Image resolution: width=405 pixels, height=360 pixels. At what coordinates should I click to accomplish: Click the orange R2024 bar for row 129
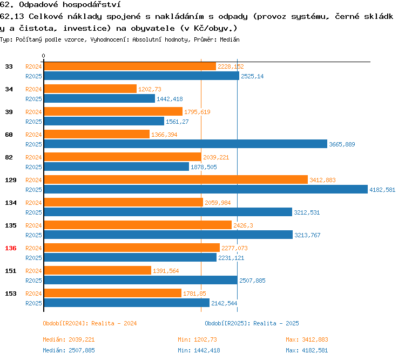click(175, 180)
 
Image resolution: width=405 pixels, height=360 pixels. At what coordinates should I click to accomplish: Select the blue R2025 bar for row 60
click(185, 144)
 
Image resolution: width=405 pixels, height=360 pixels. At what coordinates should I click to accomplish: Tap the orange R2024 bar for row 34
click(90, 89)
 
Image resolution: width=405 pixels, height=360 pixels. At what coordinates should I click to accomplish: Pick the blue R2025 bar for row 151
click(140, 280)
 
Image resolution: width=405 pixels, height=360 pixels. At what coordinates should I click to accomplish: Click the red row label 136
click(10, 248)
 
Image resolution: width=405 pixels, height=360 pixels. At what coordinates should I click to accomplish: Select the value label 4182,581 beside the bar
click(382, 190)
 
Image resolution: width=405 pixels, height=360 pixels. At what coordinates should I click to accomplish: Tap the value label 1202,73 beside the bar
click(150, 89)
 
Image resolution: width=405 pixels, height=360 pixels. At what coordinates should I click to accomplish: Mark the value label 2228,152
click(231, 66)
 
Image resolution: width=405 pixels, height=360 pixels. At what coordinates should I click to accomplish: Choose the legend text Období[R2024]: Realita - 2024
click(90, 323)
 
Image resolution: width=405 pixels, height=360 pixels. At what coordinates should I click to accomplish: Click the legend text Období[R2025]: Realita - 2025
click(252, 323)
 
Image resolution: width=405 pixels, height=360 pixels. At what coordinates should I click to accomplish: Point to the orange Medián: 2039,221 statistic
click(69, 339)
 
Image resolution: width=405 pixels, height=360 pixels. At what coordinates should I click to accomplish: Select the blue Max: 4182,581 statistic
click(307, 350)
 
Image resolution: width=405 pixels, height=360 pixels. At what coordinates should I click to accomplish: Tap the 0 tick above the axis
click(43, 56)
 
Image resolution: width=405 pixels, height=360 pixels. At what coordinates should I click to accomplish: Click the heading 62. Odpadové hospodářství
click(59, 5)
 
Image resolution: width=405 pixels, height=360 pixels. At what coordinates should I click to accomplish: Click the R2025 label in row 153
click(33, 303)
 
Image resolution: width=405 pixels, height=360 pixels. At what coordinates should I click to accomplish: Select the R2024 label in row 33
click(33, 66)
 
